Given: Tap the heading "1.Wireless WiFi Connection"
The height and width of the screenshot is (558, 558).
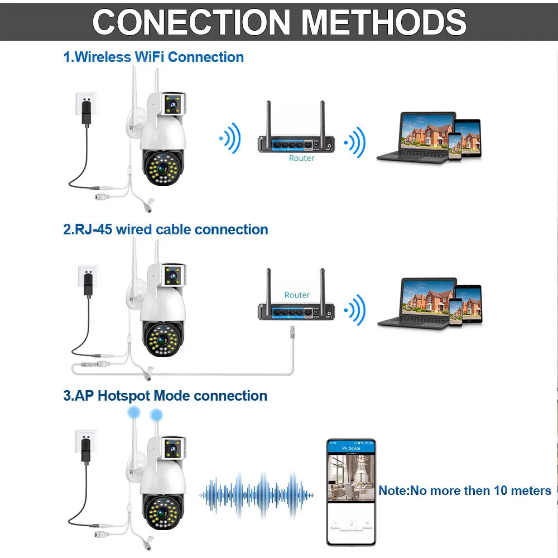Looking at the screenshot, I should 153,57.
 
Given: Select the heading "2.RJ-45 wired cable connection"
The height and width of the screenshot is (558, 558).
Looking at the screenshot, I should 165,229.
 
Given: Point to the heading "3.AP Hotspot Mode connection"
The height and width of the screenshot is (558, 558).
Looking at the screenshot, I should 165,396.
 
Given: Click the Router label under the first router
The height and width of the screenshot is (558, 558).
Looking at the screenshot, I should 301,158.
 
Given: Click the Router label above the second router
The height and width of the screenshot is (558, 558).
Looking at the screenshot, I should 297,295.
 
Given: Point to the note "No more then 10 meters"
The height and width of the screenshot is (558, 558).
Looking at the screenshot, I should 465,490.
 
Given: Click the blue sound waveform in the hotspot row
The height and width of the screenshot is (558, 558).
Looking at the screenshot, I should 256,492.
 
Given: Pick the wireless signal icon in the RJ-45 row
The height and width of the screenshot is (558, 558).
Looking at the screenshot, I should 354,309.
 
